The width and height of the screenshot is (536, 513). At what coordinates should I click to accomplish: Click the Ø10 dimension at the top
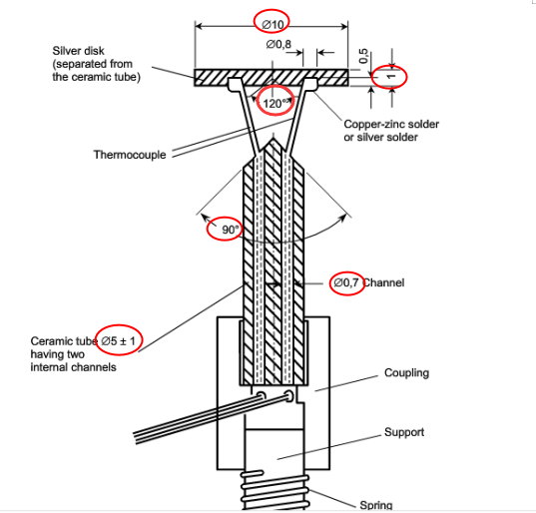tap(273, 22)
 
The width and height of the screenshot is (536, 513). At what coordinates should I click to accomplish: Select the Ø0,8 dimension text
tap(279, 45)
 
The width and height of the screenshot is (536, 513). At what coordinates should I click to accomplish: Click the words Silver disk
tap(80, 50)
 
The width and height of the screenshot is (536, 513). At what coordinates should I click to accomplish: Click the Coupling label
tap(406, 372)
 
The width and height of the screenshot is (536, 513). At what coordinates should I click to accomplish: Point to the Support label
tap(404, 432)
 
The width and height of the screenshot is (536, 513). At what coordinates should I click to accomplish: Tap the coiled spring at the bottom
tap(271, 490)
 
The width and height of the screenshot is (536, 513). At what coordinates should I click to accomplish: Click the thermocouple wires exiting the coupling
tap(190, 419)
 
